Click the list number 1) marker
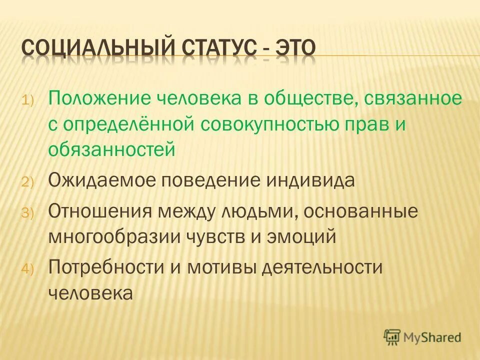coord(27,99)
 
